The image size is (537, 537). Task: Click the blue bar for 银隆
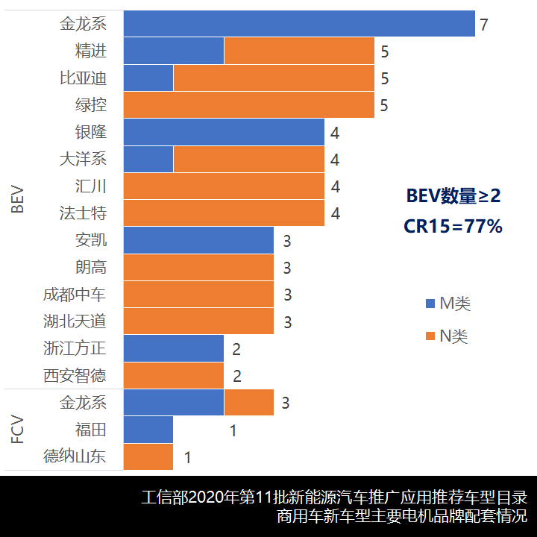[x=224, y=132]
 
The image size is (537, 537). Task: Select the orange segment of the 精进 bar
[x=299, y=51]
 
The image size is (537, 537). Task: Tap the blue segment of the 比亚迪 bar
[x=148, y=78]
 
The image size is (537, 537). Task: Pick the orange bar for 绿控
[x=248, y=105]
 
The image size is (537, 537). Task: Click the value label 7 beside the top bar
[x=484, y=25]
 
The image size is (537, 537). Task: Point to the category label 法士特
[x=83, y=213]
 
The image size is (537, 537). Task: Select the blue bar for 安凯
[x=198, y=240]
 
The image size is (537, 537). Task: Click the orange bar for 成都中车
[x=198, y=295]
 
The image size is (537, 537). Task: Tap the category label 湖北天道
[x=75, y=321]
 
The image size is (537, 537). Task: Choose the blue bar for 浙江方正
[x=173, y=348]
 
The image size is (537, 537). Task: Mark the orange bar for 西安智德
[x=173, y=376]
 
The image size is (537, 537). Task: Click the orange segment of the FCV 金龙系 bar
[x=249, y=403]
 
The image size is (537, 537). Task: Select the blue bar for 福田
[x=148, y=430]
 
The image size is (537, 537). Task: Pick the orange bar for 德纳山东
[x=148, y=456]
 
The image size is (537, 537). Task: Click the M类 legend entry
[x=447, y=304]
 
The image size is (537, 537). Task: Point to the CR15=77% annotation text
[x=453, y=226]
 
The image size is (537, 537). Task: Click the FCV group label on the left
[x=18, y=430]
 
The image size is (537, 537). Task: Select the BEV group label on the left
[x=18, y=199]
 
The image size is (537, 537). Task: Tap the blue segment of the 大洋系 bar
[x=148, y=159]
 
